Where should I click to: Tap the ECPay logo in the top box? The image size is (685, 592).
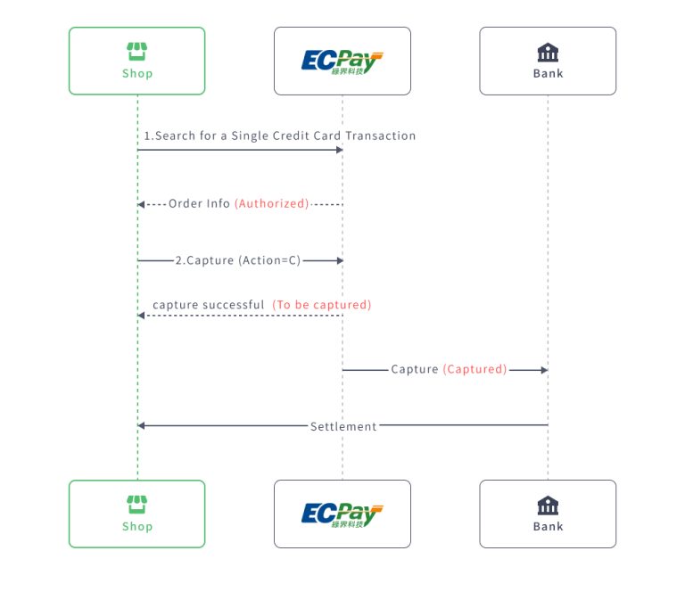342,62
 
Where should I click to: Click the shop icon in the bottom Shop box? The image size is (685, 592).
136,504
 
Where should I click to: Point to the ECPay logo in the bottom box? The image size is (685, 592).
342,514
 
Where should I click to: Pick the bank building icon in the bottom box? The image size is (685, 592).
548,505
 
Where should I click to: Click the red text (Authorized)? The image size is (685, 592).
272,203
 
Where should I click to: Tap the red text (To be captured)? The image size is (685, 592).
322,305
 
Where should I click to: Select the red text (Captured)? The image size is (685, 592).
475,369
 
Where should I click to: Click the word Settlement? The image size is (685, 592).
343,426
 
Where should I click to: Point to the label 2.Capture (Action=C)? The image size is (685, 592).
238,260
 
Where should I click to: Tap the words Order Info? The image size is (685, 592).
199,203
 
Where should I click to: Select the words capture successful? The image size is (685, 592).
208,305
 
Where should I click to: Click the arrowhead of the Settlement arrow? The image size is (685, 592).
142,425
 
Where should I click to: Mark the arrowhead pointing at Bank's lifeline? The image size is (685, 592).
542,369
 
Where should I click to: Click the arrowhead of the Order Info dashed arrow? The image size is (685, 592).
142,204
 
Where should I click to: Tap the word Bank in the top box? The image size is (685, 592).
548,74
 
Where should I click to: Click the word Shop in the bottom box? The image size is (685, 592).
137,527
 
